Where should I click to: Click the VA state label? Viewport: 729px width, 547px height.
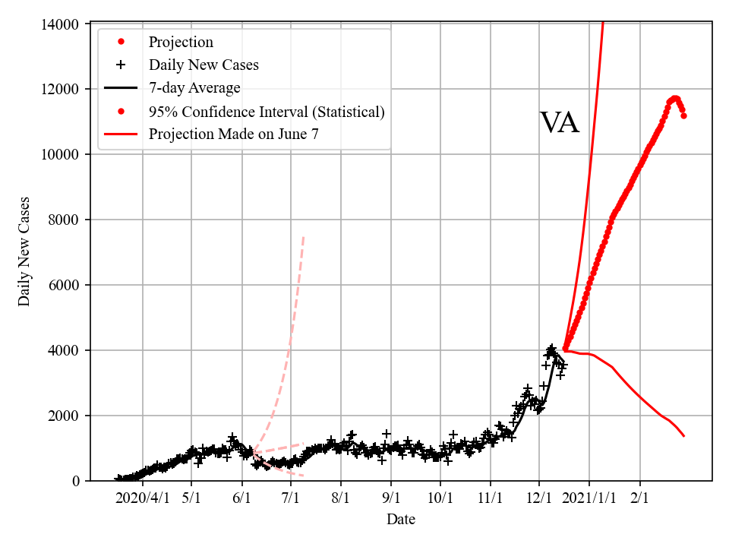(x=560, y=123)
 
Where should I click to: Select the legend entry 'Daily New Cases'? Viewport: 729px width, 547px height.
(x=204, y=65)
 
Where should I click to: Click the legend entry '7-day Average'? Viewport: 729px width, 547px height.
(x=194, y=88)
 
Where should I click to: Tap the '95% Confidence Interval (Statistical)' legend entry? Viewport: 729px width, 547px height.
(x=267, y=112)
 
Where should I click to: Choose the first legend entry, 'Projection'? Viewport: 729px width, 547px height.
(x=181, y=42)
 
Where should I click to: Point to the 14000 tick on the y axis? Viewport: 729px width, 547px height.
(x=60, y=24)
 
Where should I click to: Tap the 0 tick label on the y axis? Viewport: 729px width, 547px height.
(x=75, y=481)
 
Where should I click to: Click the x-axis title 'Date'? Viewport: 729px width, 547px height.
(x=401, y=520)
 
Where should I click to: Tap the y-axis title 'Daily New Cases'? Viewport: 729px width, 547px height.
(x=25, y=251)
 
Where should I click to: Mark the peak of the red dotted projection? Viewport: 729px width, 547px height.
(x=674, y=97)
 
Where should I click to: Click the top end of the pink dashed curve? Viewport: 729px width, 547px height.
(x=304, y=236)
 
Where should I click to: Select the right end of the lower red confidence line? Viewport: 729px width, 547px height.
(x=684, y=436)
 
